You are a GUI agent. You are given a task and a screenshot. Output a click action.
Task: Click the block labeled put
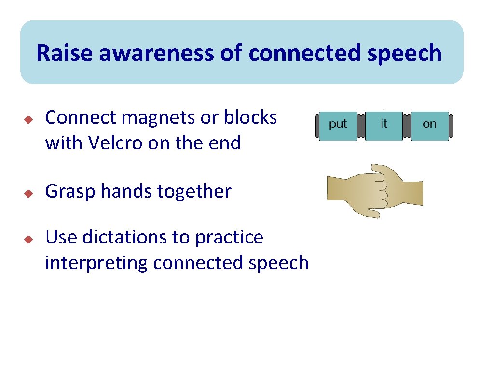(x=338, y=126)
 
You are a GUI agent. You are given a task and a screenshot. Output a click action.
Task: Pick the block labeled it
(x=384, y=126)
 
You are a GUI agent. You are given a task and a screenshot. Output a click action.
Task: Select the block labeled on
(x=429, y=126)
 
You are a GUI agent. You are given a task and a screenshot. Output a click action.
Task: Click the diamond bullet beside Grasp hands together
(x=28, y=193)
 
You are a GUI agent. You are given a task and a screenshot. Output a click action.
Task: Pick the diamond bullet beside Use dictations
(x=28, y=238)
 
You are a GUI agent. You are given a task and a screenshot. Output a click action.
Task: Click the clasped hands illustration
(x=375, y=190)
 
